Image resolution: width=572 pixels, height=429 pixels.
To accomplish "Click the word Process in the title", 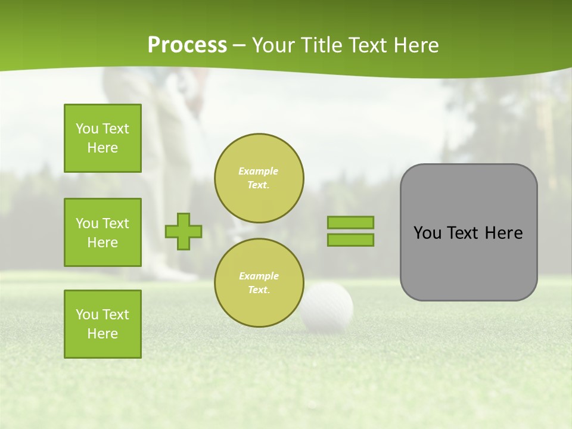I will coord(187,45).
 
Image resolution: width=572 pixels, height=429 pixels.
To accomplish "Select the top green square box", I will coord(102,138).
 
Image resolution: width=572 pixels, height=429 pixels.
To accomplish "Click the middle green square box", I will coord(102,232).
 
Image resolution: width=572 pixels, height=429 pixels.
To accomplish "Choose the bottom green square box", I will coord(102,324).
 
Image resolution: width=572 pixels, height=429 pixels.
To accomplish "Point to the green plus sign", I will coord(184,231).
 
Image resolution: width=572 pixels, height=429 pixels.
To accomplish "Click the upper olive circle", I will coord(259,178).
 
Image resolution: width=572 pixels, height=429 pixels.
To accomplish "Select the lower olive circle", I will coord(259,282).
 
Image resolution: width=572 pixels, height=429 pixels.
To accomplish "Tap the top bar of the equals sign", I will coord(350,223).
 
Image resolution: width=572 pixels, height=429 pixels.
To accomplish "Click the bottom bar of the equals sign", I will coord(350,240).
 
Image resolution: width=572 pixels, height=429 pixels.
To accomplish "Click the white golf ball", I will coord(328,307).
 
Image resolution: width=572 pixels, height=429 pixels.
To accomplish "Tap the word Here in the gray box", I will coord(503,233).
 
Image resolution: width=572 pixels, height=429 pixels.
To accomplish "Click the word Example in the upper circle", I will coord(259,171).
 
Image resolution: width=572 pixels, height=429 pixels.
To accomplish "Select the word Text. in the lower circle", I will coord(259,290).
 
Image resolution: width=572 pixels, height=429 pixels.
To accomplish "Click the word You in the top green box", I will coord(87,129).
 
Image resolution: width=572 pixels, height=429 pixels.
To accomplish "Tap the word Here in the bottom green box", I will coord(102,334).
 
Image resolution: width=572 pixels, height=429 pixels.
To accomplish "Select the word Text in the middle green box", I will coord(116,223).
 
